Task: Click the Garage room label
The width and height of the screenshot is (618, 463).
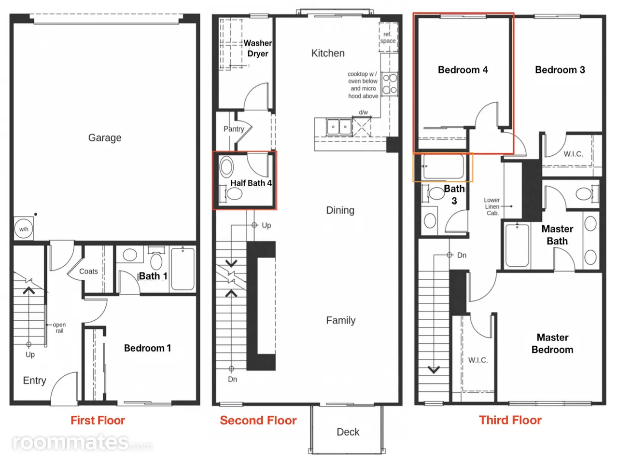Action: tap(105, 138)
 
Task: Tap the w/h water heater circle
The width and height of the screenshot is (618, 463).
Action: tap(24, 229)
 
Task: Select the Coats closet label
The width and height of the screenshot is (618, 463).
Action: tap(88, 271)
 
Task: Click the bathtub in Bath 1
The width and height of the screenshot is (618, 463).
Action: tap(183, 269)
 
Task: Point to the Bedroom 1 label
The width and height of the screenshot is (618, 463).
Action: tap(148, 348)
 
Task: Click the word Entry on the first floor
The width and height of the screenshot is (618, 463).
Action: tap(35, 381)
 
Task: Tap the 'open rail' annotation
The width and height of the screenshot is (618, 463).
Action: tap(59, 328)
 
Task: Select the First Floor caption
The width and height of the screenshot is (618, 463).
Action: tap(98, 420)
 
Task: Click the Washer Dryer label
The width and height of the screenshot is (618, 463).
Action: tap(258, 48)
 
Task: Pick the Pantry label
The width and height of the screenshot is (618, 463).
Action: tap(234, 129)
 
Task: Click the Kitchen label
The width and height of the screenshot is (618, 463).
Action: tap(328, 53)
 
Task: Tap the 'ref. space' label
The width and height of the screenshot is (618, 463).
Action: tap(388, 38)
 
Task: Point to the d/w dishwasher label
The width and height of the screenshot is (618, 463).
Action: tap(363, 112)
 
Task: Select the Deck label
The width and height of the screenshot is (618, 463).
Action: tap(348, 432)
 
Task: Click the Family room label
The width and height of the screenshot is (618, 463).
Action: tap(341, 320)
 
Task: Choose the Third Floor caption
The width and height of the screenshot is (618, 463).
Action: tap(510, 420)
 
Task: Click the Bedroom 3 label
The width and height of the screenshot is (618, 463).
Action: tap(560, 70)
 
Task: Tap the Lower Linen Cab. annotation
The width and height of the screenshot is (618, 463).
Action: tap(492, 206)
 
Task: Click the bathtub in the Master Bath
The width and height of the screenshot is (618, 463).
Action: tap(517, 245)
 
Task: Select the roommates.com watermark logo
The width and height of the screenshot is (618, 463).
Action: tap(82, 442)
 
